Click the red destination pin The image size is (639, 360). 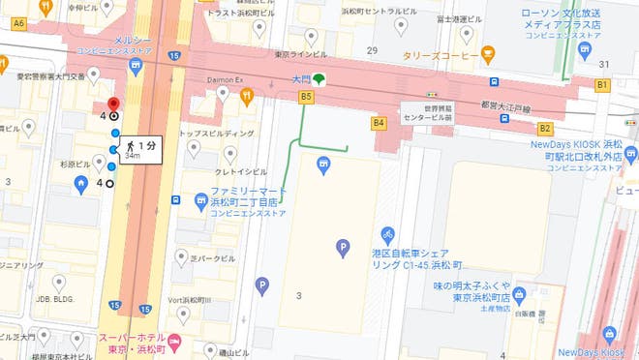pyautogui.click(x=113, y=105)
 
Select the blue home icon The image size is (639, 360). pyautogui.click(x=82, y=184)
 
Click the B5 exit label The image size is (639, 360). pyautogui.click(x=307, y=97)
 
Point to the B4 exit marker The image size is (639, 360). pyautogui.click(x=379, y=123)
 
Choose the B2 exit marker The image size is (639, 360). pyautogui.click(x=545, y=127)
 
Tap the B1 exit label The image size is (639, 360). pyautogui.click(x=601, y=85)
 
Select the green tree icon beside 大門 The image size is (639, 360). pyautogui.click(x=319, y=79)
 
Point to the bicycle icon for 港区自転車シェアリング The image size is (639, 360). pyautogui.click(x=387, y=234)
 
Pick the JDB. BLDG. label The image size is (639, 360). pyautogui.click(x=57, y=299)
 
